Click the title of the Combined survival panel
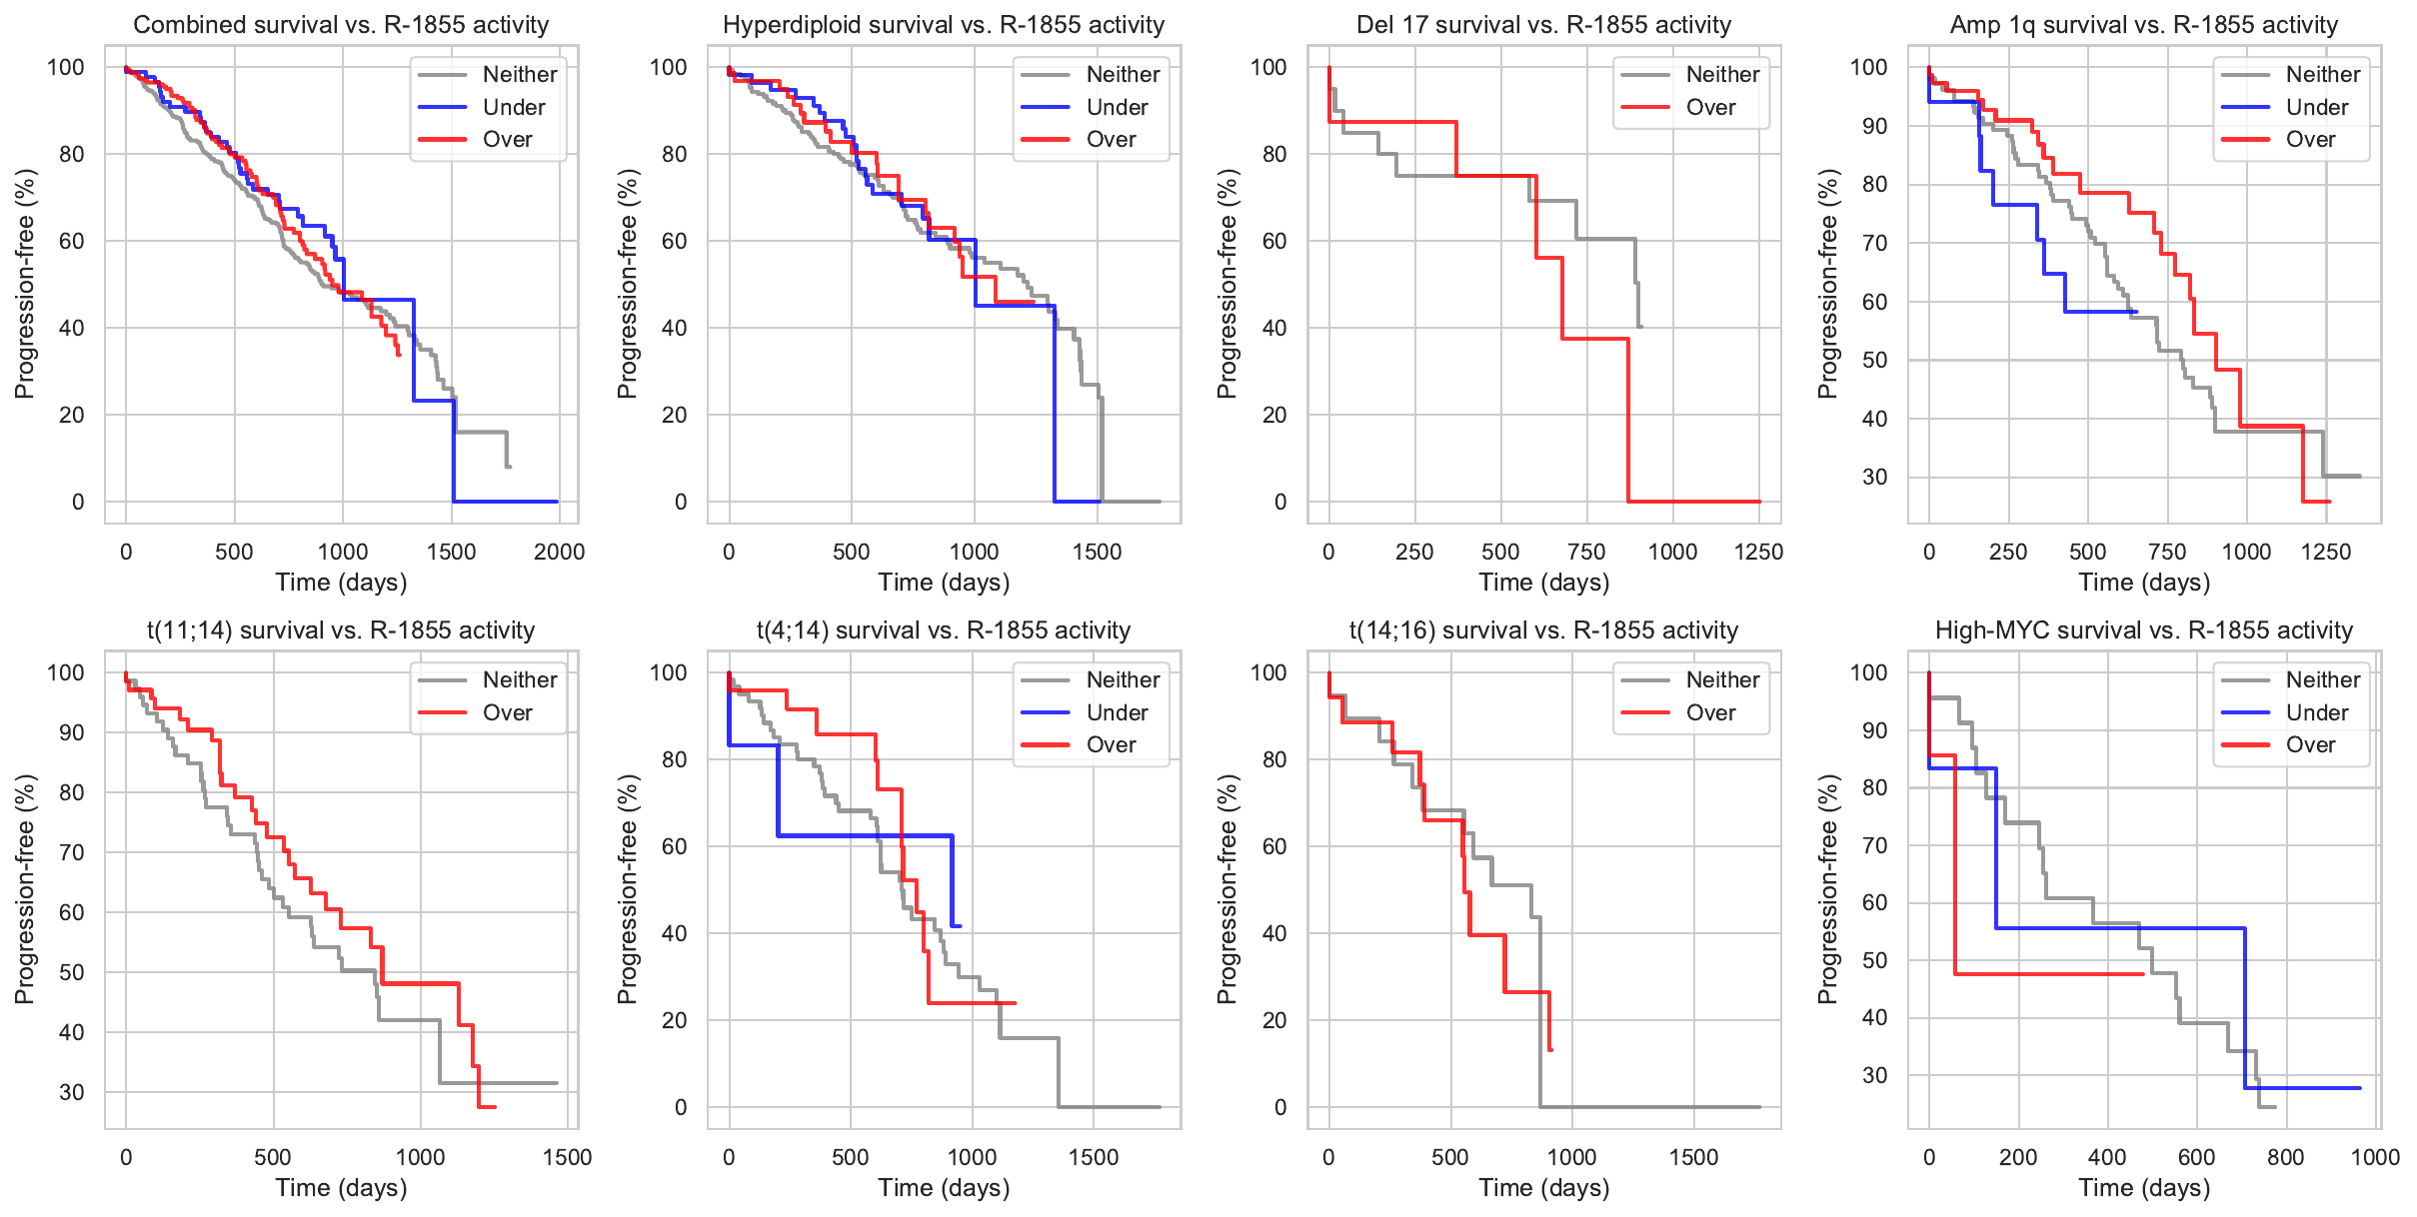click(x=341, y=25)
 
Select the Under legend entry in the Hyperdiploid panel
click(x=1117, y=107)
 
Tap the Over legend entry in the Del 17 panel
click(x=1710, y=107)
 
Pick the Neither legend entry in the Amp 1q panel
click(x=2322, y=74)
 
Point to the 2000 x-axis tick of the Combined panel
click(x=559, y=552)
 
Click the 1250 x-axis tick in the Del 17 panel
click(x=1758, y=552)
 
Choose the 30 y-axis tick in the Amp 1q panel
click(x=1874, y=477)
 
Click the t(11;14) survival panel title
click(x=341, y=630)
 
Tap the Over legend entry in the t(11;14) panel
click(x=507, y=712)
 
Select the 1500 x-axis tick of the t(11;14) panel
click(x=567, y=1157)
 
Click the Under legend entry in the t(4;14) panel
click(x=1117, y=712)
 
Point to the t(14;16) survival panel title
click(x=1543, y=630)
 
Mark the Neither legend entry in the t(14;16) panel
click(x=1722, y=679)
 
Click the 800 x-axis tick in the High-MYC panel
click(x=2285, y=1157)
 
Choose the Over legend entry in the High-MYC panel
click(x=2310, y=744)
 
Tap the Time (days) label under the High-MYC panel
click(x=2144, y=1188)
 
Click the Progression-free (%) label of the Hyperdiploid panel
click(x=627, y=284)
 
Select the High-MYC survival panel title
click(x=2144, y=630)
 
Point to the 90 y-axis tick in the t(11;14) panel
click(x=72, y=732)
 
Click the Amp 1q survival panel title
click(x=2144, y=25)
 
